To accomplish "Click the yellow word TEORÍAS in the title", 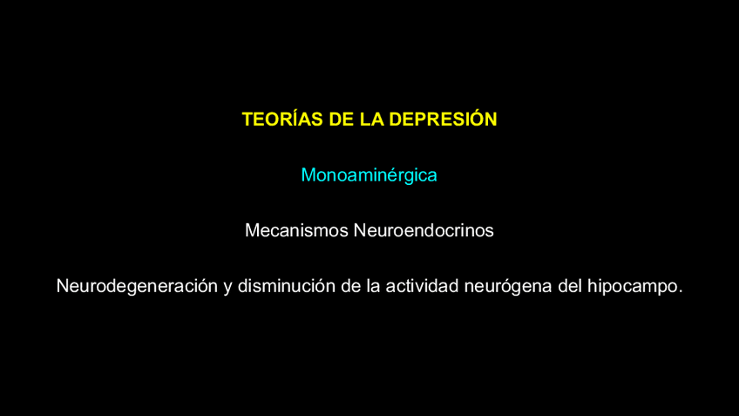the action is tap(282, 119).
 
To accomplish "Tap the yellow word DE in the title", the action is tap(342, 119).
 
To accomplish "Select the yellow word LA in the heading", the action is tap(371, 119).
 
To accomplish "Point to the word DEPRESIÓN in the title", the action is tap(443, 119).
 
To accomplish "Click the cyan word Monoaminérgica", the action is tap(369, 175).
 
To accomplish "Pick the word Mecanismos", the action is tap(296, 230).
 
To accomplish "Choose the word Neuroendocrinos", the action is tap(424, 230).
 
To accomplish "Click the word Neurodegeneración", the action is tap(137, 286).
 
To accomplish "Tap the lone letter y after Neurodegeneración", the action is tap(227, 288).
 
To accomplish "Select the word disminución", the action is tap(287, 286).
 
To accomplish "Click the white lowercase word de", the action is tap(351, 286).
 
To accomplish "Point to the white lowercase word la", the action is tap(373, 286).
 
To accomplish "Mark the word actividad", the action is tap(422, 286).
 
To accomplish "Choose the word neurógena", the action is tap(508, 287).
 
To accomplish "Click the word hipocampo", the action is tap(633, 287).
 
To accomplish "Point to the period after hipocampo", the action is tap(681, 292).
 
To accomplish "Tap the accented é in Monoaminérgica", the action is tap(396, 175).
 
